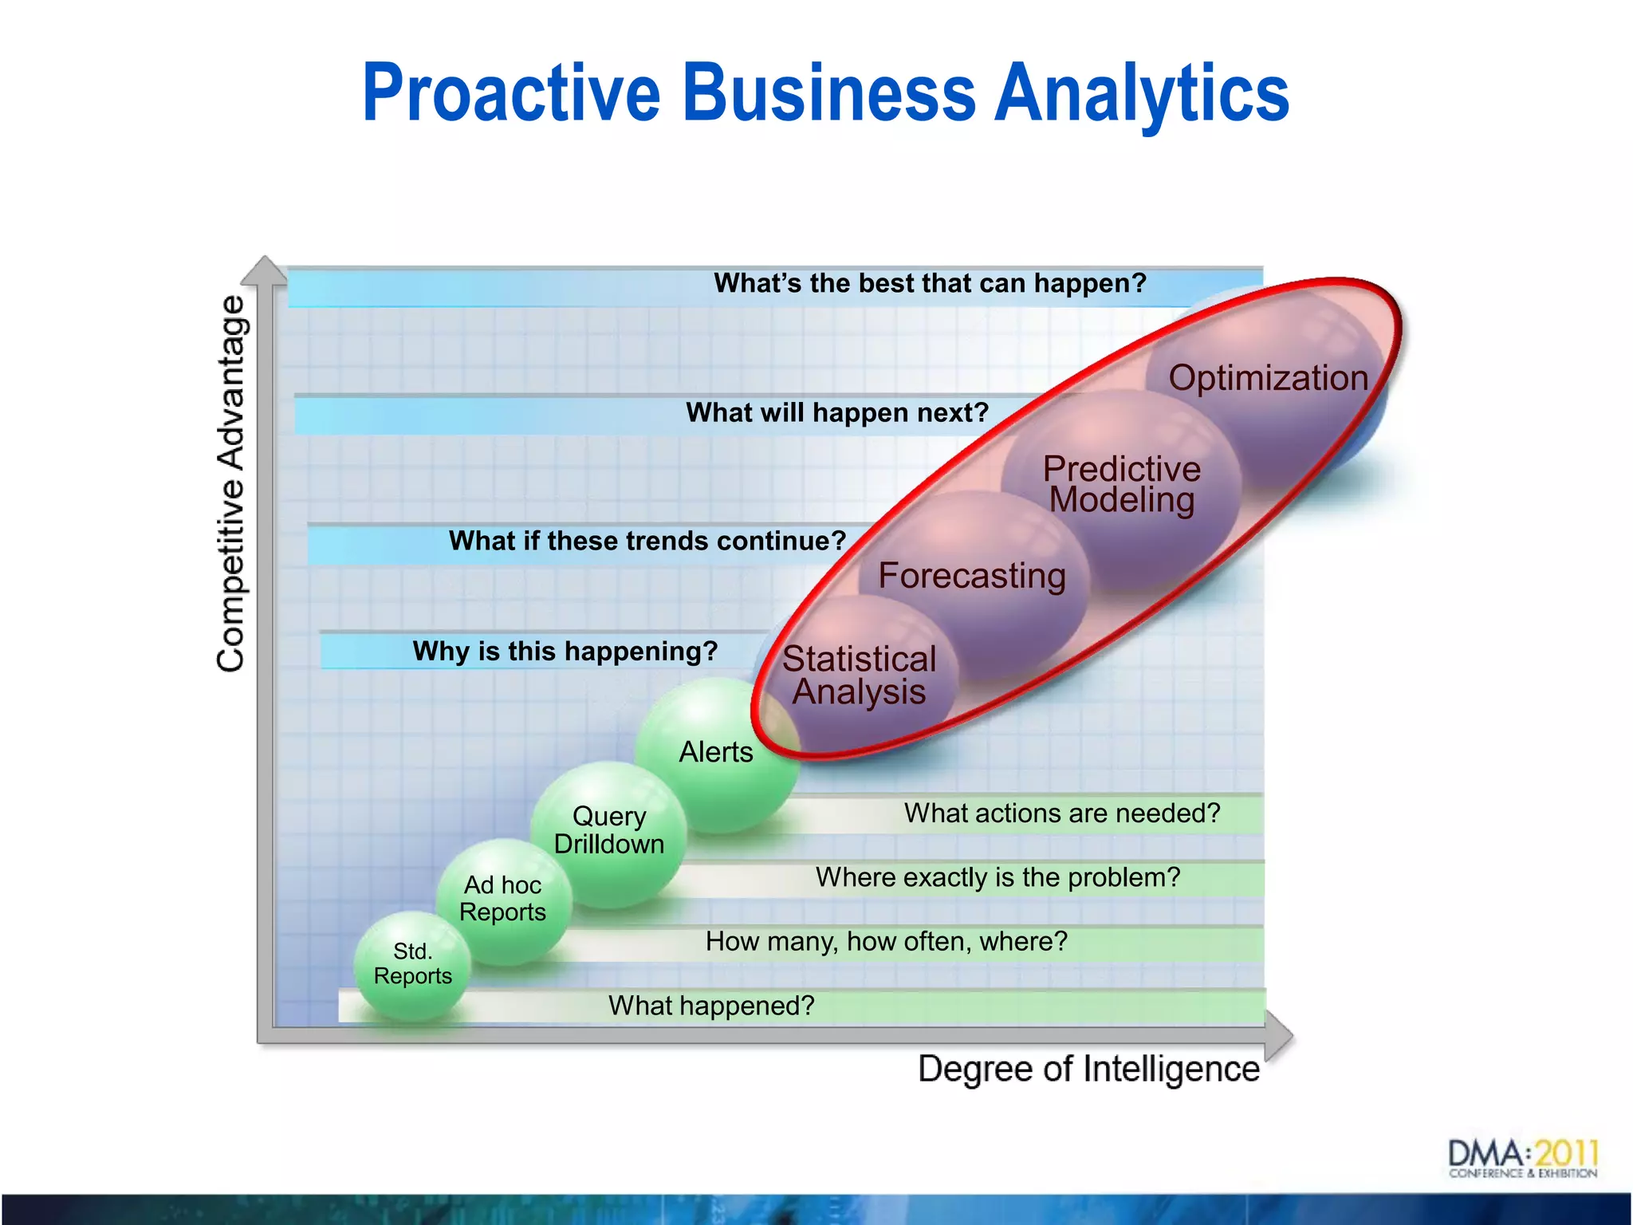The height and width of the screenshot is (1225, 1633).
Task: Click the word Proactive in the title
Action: [511, 93]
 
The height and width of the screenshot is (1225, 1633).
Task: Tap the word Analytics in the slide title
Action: [1142, 93]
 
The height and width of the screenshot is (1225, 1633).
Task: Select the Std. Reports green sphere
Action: [412, 964]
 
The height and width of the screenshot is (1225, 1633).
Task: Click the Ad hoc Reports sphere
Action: [503, 899]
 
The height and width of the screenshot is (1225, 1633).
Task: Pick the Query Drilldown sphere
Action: [609, 830]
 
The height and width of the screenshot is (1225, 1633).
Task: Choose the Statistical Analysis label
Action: [859, 675]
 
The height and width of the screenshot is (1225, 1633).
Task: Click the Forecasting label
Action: [972, 575]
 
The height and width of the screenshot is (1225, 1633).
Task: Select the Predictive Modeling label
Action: [1121, 484]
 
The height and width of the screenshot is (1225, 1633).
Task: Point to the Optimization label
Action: [1268, 377]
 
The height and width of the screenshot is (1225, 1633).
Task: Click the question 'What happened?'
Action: [711, 1006]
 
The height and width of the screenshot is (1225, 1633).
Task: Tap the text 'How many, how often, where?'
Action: [886, 942]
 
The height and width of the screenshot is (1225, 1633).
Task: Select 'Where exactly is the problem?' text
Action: [998, 877]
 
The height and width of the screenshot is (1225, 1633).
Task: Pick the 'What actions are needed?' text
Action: [1062, 813]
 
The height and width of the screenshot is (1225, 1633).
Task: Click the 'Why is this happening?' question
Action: [565, 652]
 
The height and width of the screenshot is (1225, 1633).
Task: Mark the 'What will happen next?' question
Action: [837, 412]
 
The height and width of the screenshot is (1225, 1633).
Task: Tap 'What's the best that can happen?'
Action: [930, 283]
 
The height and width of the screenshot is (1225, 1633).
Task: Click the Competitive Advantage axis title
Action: [232, 483]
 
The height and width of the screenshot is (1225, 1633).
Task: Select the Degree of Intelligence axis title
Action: [1088, 1069]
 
